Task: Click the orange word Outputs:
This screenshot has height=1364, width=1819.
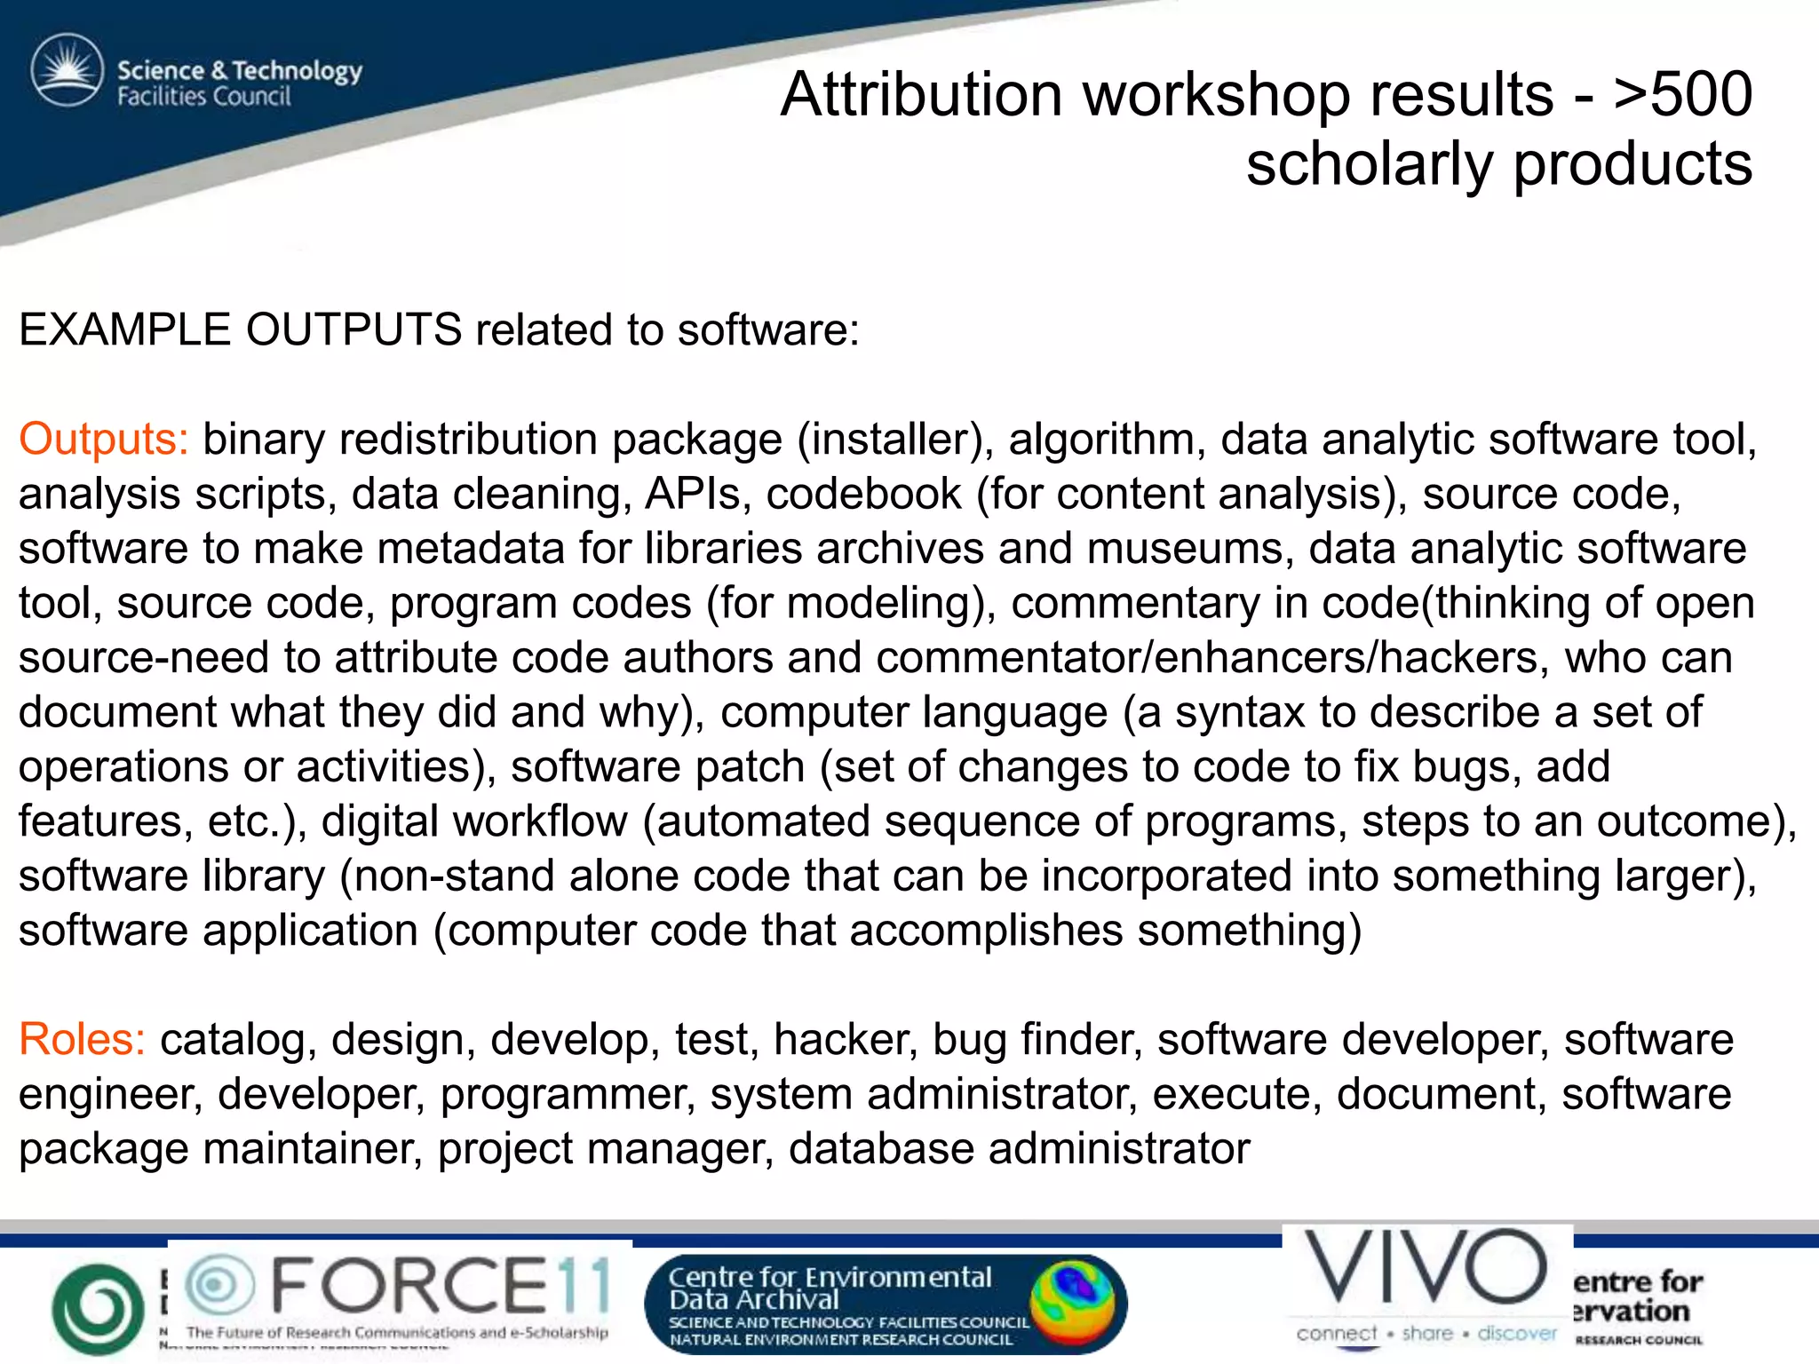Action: point(103,439)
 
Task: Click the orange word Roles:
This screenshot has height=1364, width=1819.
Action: point(82,1039)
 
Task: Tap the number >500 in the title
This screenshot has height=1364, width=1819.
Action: point(1682,94)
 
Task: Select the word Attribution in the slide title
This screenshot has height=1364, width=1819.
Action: point(921,94)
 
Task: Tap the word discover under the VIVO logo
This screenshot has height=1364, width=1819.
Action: point(1517,1333)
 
